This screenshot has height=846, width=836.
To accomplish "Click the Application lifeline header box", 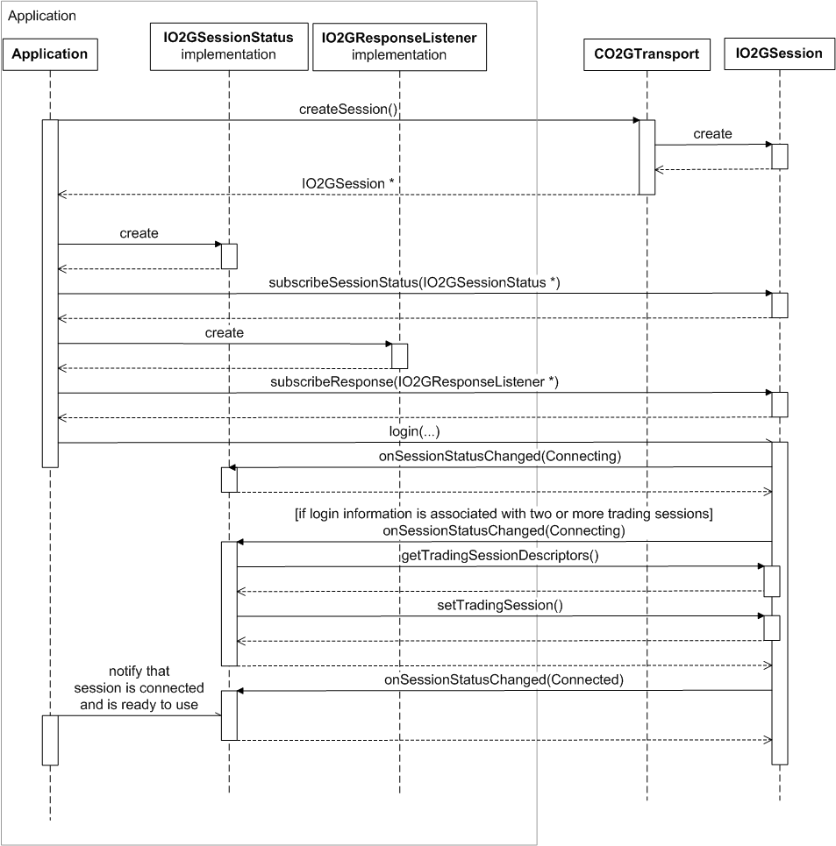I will (50, 53).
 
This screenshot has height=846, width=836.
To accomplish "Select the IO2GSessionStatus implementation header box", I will (228, 46).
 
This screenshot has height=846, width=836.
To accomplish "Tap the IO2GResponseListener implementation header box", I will (399, 46).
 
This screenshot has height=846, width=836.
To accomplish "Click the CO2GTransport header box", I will (646, 53).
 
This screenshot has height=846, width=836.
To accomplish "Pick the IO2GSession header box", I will (779, 53).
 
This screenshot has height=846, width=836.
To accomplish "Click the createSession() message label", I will (349, 108).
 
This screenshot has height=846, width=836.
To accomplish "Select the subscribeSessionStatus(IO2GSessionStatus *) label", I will (414, 281).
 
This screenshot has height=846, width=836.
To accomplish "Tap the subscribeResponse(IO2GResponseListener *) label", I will (414, 381).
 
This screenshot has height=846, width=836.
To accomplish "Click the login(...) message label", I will (413, 431).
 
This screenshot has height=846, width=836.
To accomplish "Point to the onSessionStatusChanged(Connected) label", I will (504, 679).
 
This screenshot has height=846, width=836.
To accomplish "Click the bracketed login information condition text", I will (504, 515).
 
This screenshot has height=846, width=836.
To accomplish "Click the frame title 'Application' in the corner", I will (41, 16).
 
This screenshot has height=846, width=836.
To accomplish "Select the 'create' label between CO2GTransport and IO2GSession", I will (712, 133).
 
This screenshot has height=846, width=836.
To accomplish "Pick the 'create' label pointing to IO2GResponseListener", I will (224, 333).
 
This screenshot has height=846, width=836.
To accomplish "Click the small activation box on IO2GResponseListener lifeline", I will (399, 355).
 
